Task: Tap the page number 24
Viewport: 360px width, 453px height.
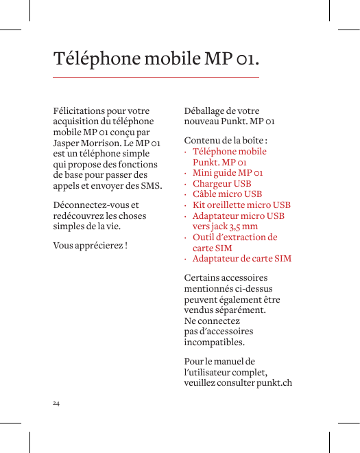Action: pyautogui.click(x=56, y=403)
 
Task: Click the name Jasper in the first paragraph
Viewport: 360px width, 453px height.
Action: pyautogui.click(x=67, y=143)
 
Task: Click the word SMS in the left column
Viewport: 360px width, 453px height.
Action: pyautogui.click(x=152, y=185)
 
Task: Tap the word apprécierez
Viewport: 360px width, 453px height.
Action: pyautogui.click(x=97, y=245)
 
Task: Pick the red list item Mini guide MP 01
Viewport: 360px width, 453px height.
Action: pyautogui.click(x=228, y=173)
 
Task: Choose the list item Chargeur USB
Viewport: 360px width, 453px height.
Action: pyautogui.click(x=221, y=183)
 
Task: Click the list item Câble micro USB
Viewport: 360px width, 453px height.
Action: pyautogui.click(x=227, y=194)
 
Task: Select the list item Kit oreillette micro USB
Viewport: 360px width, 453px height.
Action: pyautogui.click(x=241, y=205)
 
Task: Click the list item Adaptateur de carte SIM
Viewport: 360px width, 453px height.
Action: pyautogui.click(x=241, y=259)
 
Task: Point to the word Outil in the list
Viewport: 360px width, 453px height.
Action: pyautogui.click(x=204, y=237)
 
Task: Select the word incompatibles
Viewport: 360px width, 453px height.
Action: pyautogui.click(x=214, y=342)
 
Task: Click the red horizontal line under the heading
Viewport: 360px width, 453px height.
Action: pyautogui.click(x=156, y=77)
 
